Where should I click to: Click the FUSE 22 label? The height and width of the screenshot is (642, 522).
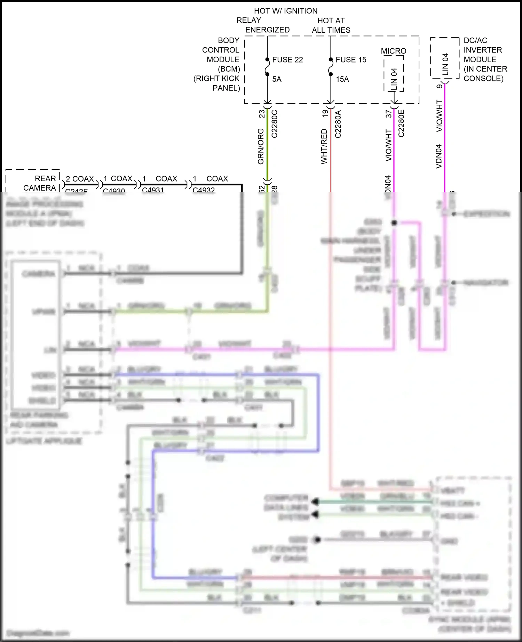tap(287, 60)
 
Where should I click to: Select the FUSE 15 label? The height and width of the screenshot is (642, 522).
tap(351, 60)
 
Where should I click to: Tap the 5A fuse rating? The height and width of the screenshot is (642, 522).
tap(277, 79)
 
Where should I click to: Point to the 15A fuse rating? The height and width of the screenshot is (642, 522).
tap(342, 79)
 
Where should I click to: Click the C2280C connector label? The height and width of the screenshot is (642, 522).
tap(274, 124)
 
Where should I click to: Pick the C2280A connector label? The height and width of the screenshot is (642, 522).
tap(338, 124)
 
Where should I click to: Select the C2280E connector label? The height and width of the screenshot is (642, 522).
tap(401, 123)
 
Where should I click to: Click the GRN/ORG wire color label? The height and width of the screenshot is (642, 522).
tap(261, 146)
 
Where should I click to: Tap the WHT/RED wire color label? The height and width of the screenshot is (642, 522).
tap(324, 146)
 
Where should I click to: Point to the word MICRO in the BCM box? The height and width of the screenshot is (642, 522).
tap(394, 51)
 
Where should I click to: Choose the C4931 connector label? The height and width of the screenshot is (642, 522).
tap(153, 190)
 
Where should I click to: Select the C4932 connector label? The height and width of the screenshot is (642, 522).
tap(204, 190)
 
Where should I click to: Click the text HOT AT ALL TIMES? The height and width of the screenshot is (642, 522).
tap(331, 25)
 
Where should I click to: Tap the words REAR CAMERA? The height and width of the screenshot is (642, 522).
tap(40, 183)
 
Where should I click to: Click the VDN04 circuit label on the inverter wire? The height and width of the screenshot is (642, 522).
tap(438, 157)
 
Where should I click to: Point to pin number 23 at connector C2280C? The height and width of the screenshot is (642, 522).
tap(261, 114)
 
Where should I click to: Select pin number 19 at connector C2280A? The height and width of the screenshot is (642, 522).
tap(325, 113)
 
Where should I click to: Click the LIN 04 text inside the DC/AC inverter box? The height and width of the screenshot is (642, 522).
tap(445, 64)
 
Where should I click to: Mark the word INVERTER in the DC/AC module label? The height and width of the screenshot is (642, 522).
tap(483, 50)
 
